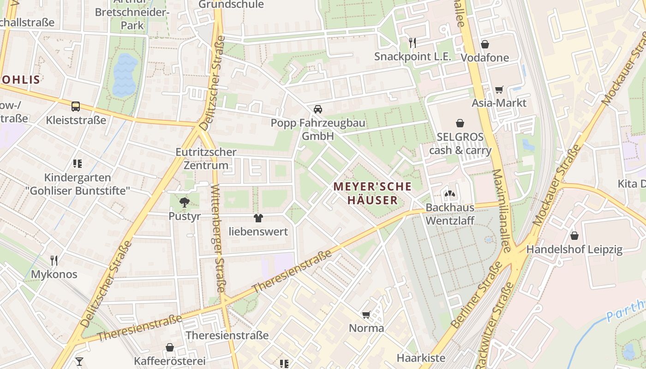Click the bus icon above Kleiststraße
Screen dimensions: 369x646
[x=76, y=107]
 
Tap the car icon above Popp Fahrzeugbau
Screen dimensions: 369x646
[x=317, y=109]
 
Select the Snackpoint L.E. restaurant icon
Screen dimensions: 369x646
[x=413, y=43]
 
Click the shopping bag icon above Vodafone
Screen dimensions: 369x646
[x=484, y=44]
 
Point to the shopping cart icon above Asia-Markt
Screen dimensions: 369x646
[x=499, y=89]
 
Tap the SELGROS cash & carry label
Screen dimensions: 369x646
[x=460, y=143]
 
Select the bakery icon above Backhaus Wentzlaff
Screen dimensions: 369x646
[x=450, y=194]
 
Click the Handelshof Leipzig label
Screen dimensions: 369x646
[x=574, y=250]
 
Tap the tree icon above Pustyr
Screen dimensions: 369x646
[x=185, y=202]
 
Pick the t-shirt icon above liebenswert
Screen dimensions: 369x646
[x=258, y=218]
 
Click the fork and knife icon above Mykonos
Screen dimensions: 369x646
[x=54, y=261]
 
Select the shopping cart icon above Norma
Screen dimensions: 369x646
[x=366, y=315]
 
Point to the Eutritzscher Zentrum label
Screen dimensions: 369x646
[x=206, y=158]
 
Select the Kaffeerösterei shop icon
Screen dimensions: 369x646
[x=170, y=347]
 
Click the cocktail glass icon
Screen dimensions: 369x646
[x=79, y=361]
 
